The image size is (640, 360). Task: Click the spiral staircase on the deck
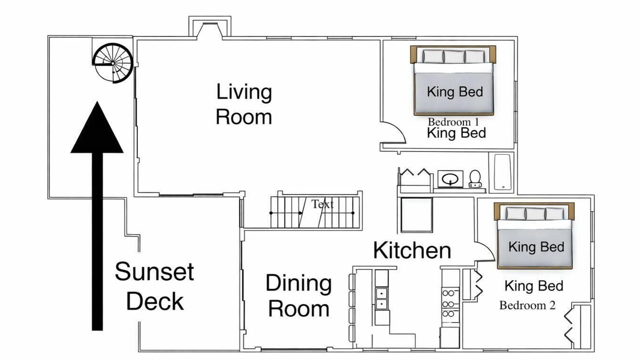pos(112,63)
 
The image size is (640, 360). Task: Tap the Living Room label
pos(244,104)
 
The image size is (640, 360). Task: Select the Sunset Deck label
pos(154,286)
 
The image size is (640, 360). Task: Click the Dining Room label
pos(299,295)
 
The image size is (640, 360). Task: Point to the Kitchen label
pos(412,250)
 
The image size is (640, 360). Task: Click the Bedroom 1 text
pos(453,122)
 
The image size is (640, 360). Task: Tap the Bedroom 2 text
pos(527,305)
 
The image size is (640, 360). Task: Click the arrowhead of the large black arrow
pos(97,128)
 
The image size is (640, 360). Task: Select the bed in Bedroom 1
pos(453,80)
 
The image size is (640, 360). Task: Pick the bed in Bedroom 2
pos(534,235)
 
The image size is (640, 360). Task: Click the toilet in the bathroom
pos(475,179)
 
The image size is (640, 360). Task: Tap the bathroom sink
pos(450,179)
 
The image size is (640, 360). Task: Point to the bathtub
pos(501,172)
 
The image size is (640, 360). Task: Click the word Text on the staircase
pos(322,204)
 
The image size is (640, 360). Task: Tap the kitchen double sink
pos(381,298)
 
